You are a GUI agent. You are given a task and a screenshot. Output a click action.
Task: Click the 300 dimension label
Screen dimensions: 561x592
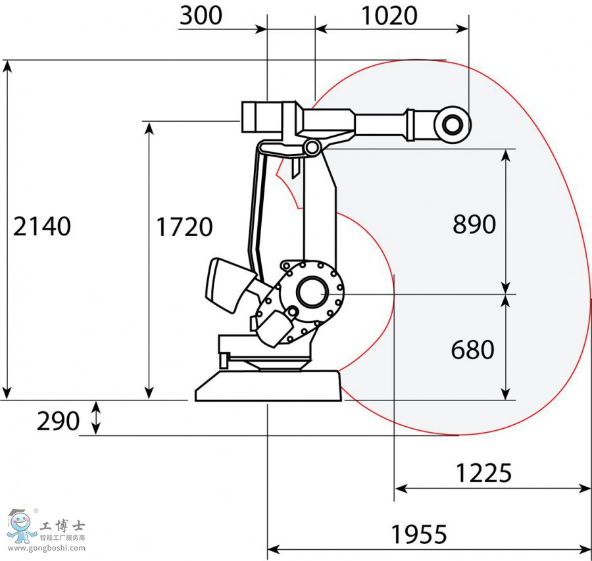point(201,16)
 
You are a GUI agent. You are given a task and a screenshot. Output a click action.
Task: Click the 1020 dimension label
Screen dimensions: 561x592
point(389,16)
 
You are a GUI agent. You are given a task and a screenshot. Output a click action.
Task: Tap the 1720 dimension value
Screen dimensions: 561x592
point(184,228)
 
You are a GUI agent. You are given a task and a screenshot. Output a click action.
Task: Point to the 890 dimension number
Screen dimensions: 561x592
point(474,225)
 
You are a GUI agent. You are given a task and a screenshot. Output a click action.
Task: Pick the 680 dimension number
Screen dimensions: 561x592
point(472,350)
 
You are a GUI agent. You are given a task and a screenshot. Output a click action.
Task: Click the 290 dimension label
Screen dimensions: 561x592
point(58,421)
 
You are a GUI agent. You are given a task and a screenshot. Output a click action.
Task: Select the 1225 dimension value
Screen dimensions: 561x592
point(483,472)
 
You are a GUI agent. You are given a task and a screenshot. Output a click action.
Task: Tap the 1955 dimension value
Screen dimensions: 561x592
point(419,535)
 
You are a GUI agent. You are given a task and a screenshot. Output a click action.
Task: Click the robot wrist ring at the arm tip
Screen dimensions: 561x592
point(452,123)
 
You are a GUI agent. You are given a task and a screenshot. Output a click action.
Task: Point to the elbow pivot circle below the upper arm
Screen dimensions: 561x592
point(312,147)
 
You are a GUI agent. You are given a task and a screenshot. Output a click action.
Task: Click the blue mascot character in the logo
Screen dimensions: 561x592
point(22,525)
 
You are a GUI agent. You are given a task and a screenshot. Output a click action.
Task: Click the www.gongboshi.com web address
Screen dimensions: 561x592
point(46,548)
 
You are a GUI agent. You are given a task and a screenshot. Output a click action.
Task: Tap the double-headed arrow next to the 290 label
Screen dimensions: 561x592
point(97,418)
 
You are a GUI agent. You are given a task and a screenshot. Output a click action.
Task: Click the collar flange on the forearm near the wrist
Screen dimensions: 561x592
point(411,124)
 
